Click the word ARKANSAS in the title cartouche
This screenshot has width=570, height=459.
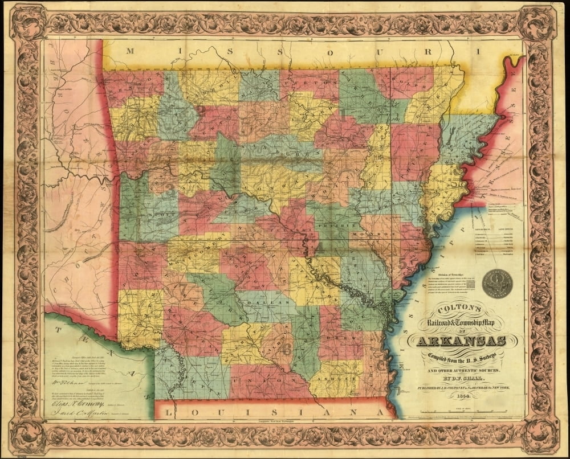point(461,341)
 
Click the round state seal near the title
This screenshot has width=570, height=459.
point(496,283)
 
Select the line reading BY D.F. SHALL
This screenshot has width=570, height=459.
point(461,376)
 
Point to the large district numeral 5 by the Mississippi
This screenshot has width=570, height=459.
point(403,264)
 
